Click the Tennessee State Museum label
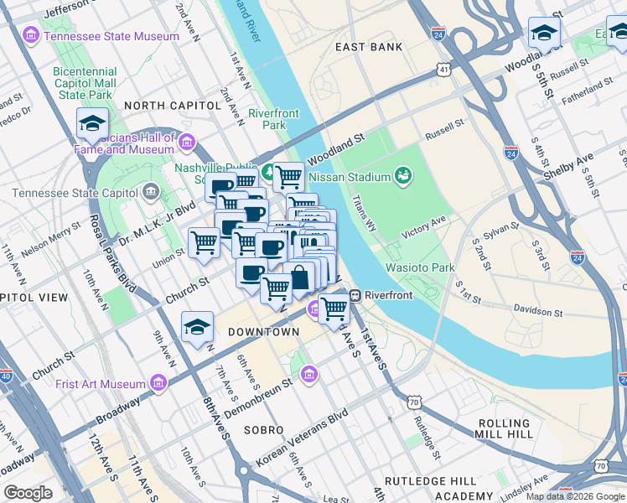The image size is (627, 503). pyautogui.click(x=111, y=36)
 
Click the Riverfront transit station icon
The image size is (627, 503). pyautogui.click(x=355, y=295)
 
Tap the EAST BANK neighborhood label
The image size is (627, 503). pyautogui.click(x=369, y=47)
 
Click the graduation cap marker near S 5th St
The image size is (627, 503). pyautogui.click(x=544, y=34)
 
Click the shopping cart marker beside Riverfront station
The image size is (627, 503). pyautogui.click(x=334, y=308)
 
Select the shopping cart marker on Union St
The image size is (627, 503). pyautogui.click(x=204, y=243)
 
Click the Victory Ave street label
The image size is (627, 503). pyautogui.click(x=424, y=226)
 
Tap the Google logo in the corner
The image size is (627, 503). pyautogui.click(x=28, y=492)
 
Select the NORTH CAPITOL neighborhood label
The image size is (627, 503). pyautogui.click(x=172, y=106)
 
